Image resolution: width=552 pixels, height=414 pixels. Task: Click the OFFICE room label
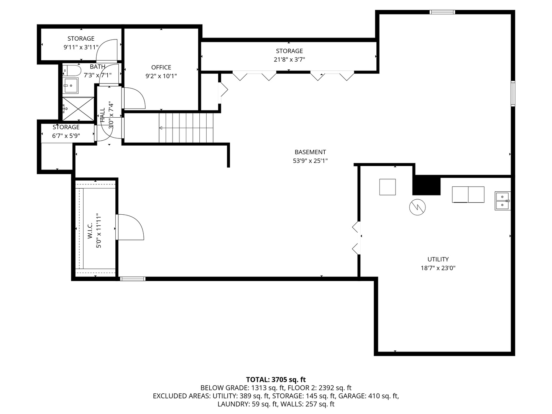tap(161, 67)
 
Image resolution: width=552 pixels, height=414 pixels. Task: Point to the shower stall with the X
tap(78, 108)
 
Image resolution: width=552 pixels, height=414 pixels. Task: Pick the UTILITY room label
tap(438, 259)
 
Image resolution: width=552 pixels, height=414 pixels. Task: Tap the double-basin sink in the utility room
tap(503, 200)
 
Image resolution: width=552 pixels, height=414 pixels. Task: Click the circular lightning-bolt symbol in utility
tap(417, 207)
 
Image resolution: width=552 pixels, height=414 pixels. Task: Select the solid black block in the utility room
tap(427, 186)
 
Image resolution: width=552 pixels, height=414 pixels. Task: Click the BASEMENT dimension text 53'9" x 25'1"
tap(310, 161)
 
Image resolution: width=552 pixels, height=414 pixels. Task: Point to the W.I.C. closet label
tap(90, 230)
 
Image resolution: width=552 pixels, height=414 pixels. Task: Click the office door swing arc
tap(135, 98)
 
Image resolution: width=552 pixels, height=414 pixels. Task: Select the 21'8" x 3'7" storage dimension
tap(289, 59)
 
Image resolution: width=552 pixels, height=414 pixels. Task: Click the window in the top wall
tap(442, 12)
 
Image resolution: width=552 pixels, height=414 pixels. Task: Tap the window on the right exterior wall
tap(513, 94)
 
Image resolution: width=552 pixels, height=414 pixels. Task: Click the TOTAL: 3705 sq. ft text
tap(276, 379)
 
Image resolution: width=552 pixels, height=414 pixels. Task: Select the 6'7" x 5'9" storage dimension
tap(66, 136)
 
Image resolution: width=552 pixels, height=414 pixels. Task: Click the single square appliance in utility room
tap(388, 187)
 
